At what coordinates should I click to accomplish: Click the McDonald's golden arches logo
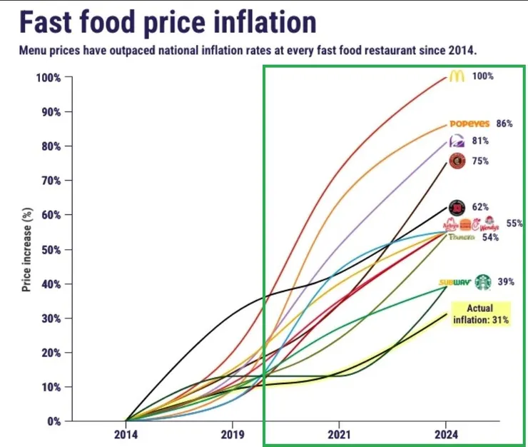[457, 76]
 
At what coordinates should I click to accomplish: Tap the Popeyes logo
[469, 124]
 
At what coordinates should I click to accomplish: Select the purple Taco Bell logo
[457, 141]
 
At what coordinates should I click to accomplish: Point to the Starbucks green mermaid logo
[484, 282]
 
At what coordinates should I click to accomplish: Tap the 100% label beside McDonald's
[483, 76]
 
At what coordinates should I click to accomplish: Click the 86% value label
[504, 124]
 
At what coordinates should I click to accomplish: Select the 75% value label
[480, 161]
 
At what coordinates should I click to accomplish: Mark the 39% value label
[506, 282]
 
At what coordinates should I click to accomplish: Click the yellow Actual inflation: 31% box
[480, 314]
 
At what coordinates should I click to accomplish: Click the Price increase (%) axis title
[26, 248]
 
